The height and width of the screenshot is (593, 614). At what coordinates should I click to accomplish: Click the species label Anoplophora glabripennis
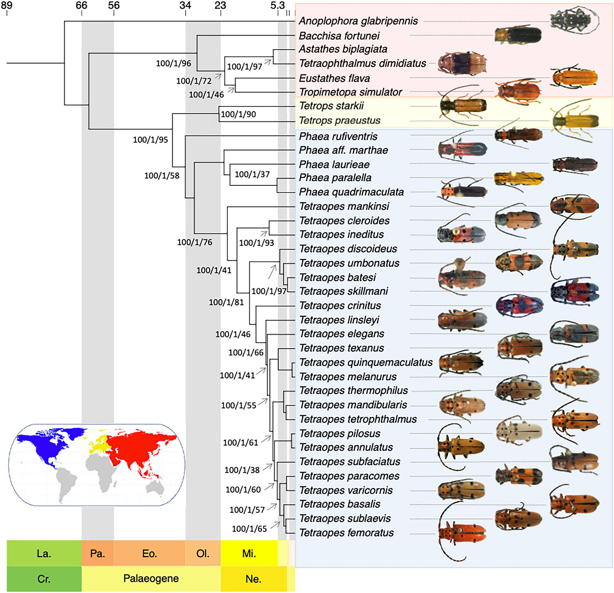pyautogui.click(x=358, y=21)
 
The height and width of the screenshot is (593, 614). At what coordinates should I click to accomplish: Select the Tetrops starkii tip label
pyautogui.click(x=331, y=106)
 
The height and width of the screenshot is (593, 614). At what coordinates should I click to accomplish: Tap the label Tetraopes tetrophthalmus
pyautogui.click(x=358, y=419)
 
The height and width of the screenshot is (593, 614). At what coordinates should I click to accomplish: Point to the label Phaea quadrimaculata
pyautogui.click(x=351, y=192)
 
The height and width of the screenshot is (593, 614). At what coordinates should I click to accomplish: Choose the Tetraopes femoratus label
pyautogui.click(x=347, y=533)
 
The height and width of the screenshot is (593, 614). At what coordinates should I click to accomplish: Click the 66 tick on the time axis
pyautogui.click(x=82, y=5)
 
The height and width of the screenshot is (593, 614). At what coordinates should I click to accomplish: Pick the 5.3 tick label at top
pyautogui.click(x=277, y=5)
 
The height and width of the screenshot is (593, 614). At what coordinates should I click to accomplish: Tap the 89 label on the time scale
pyautogui.click(x=7, y=5)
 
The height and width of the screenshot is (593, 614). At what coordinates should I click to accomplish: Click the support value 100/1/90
pyautogui.click(x=238, y=115)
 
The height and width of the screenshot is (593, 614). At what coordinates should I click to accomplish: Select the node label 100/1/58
pyautogui.click(x=162, y=176)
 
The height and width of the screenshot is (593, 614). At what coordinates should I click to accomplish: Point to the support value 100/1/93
pyautogui.click(x=256, y=243)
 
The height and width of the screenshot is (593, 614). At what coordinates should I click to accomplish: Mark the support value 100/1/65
pyautogui.click(x=249, y=529)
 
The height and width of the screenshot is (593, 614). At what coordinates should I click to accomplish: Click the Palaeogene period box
pyautogui.click(x=151, y=578)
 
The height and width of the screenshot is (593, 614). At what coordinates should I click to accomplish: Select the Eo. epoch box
pyautogui.click(x=149, y=553)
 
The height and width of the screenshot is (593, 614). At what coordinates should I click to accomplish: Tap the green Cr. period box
pyautogui.click(x=44, y=579)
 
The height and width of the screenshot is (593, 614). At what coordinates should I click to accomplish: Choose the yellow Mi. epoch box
pyautogui.click(x=249, y=553)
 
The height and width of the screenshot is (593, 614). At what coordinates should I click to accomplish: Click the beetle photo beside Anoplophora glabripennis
pyautogui.click(x=574, y=21)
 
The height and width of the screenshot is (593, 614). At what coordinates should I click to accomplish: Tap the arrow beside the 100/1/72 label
pyautogui.click(x=218, y=76)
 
